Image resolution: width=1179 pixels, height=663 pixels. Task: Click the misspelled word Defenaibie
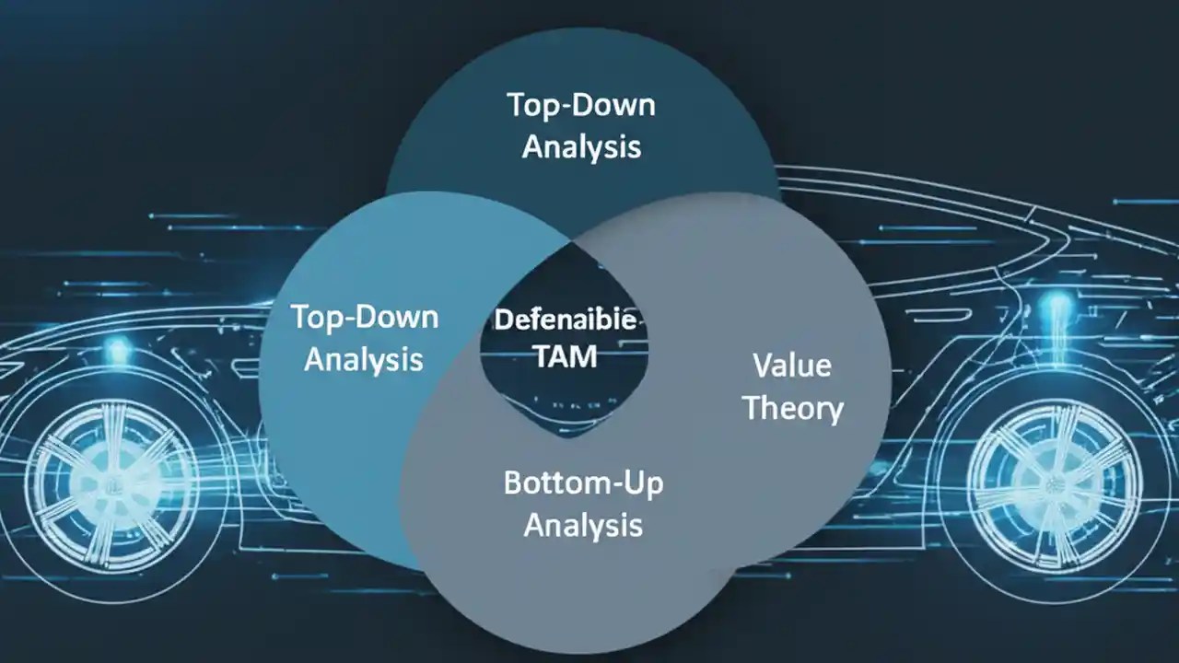pyautogui.click(x=566, y=320)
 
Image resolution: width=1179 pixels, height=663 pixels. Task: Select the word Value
pyautogui.click(x=792, y=366)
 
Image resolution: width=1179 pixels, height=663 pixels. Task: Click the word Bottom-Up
pyautogui.click(x=583, y=483)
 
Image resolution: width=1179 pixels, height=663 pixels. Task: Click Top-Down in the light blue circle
pyautogui.click(x=365, y=318)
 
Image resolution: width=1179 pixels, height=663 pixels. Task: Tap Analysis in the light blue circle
pyautogui.click(x=364, y=359)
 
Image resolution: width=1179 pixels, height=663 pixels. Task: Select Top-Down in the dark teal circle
pyautogui.click(x=581, y=105)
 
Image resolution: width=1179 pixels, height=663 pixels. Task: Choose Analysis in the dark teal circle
pyautogui.click(x=581, y=146)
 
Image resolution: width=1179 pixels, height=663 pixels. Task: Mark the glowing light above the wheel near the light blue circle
pyautogui.click(x=118, y=349)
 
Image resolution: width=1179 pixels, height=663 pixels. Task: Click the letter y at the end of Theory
pyautogui.click(x=834, y=411)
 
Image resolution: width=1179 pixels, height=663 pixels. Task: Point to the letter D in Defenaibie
pyautogui.click(x=503, y=320)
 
